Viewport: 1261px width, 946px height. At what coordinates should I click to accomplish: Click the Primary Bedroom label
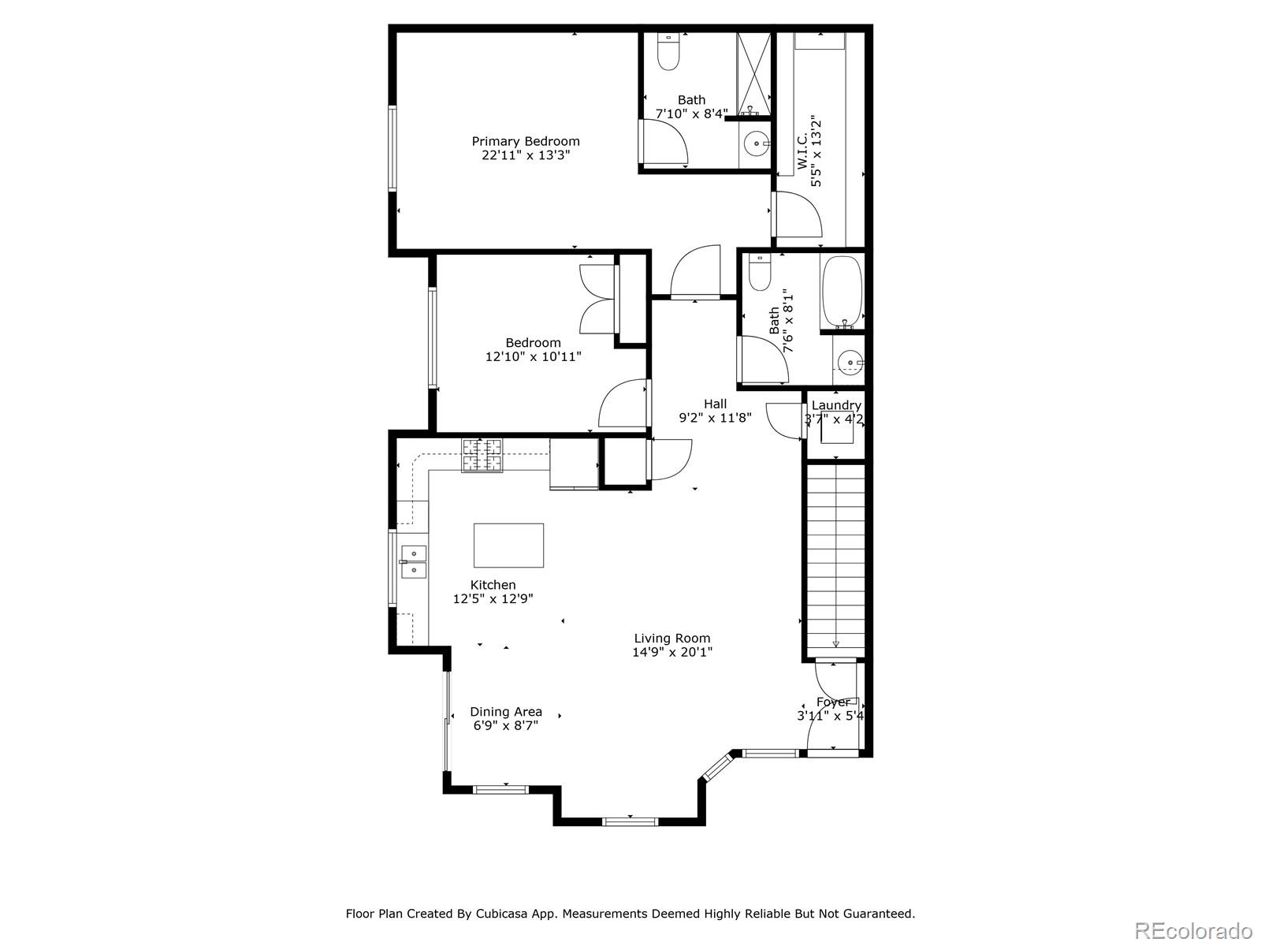[526, 141]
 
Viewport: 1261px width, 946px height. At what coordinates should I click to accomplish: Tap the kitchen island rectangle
[508, 546]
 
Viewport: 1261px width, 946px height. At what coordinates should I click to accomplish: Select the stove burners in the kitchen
[482, 456]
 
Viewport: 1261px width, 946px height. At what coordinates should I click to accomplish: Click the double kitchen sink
[413, 562]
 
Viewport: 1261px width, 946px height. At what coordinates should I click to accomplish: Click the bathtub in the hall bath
[842, 292]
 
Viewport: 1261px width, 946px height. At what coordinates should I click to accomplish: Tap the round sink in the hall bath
[850, 363]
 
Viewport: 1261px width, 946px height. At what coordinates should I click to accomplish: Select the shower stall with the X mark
[754, 73]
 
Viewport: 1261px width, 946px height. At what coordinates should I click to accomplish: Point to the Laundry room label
[835, 405]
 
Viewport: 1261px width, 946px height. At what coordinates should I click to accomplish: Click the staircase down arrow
[835, 642]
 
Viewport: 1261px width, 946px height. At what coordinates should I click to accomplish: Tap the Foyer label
[832, 702]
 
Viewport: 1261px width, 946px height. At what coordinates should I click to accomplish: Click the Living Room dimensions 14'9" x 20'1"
[672, 652]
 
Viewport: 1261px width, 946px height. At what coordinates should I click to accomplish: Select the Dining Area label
[506, 711]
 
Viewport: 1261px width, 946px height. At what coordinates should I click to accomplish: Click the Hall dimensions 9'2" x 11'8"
[715, 418]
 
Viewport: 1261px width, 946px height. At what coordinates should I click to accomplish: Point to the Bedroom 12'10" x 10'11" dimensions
[534, 356]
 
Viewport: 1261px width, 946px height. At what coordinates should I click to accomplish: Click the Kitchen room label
[493, 585]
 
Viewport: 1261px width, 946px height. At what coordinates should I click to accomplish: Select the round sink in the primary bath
[757, 144]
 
